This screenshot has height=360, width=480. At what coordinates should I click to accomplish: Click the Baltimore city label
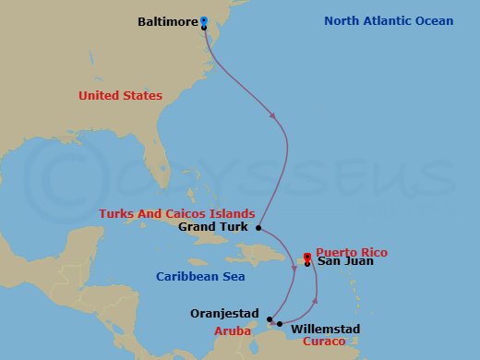[x=168, y=20]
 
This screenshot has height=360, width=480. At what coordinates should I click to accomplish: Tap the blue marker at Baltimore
[x=204, y=20]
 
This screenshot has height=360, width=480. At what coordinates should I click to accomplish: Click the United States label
[x=120, y=96]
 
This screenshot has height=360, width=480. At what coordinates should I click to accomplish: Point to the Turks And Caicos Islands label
[x=177, y=214]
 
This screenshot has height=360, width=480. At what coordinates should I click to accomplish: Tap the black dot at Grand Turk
[x=259, y=227]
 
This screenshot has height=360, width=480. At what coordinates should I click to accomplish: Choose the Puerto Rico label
[x=352, y=252]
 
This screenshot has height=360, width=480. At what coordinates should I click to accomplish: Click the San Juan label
[x=343, y=262]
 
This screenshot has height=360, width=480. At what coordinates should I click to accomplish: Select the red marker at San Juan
[x=307, y=257]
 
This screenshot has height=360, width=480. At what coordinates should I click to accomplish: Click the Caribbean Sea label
[x=198, y=276]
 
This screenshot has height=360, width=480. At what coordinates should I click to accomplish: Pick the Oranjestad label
[x=224, y=313]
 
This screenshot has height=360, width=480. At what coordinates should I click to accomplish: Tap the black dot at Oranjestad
[x=269, y=320]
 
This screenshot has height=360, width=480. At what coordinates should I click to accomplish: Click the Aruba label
[x=233, y=330]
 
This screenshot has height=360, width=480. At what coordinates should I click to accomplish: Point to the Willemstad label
[x=325, y=329]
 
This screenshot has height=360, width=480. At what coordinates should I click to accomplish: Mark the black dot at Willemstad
[x=279, y=324]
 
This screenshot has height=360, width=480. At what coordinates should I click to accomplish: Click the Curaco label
[x=324, y=342]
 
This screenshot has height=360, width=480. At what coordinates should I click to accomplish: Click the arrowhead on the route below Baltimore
[x=274, y=115]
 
